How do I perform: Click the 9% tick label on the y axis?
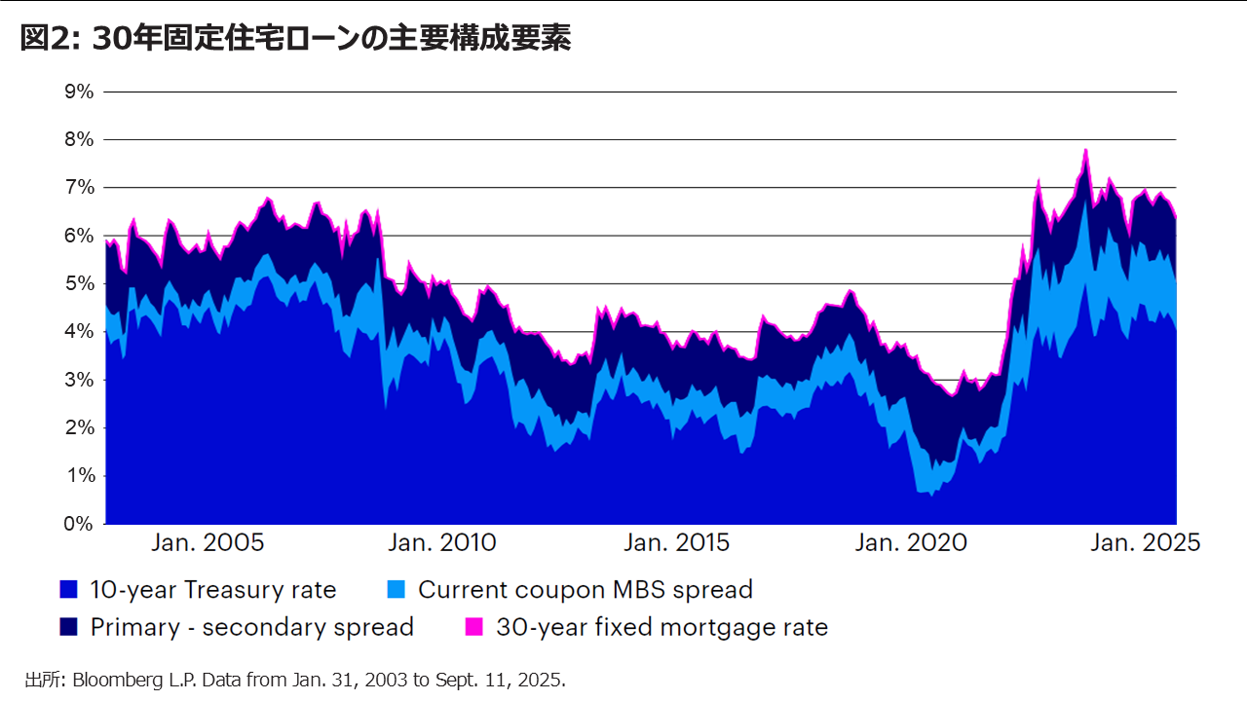point(79,92)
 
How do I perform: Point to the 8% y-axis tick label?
point(79,139)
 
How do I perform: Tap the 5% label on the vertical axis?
point(79,283)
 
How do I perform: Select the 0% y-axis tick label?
point(79,524)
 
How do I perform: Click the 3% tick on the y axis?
point(79,380)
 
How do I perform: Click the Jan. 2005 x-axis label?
point(208,543)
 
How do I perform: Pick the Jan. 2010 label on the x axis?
point(441,543)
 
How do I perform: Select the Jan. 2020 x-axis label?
point(911,543)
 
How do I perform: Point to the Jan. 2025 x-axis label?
point(1144,543)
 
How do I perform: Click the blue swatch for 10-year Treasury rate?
point(68,589)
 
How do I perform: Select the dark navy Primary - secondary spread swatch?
point(68,627)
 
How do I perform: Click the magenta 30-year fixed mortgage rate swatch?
point(474,627)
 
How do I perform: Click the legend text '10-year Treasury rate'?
point(212,589)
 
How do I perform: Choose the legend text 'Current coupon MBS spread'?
point(585,589)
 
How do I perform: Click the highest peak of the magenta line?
point(1085,150)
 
